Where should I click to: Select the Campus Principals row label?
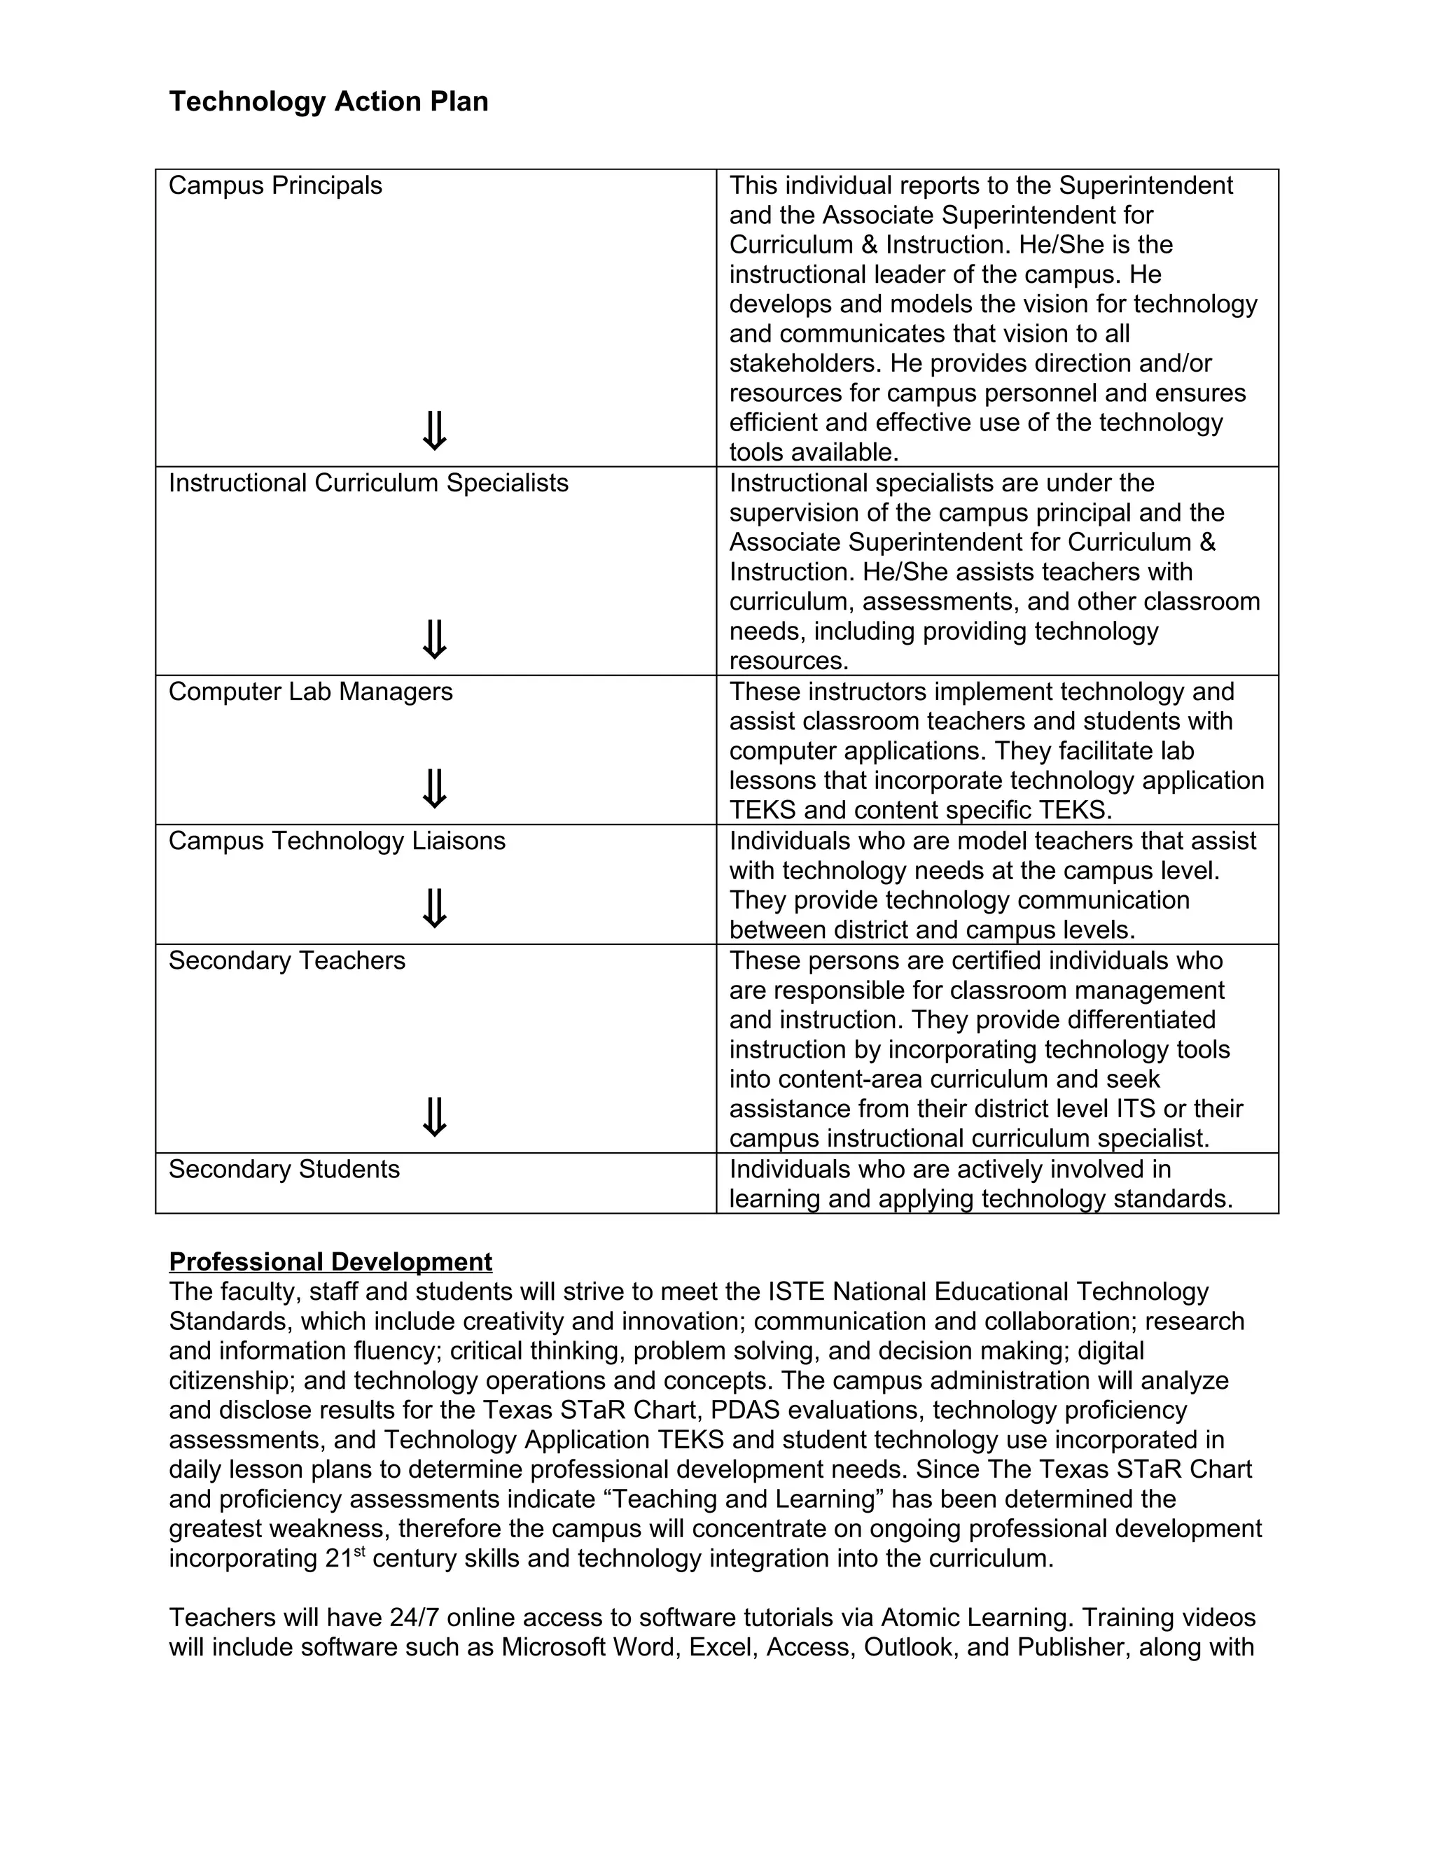(275, 185)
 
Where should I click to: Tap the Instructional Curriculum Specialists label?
(368, 482)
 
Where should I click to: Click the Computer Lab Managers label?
(310, 692)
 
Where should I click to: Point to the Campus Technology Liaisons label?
(336, 841)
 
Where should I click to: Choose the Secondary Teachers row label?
(286, 960)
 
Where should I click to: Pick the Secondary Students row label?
(284, 1170)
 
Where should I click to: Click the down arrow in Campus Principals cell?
(434, 431)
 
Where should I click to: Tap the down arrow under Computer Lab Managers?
(434, 789)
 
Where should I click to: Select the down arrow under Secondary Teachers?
(434, 1118)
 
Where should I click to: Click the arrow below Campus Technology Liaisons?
(434, 909)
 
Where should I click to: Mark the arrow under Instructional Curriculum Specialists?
(434, 640)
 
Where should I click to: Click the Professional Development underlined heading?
(330, 1261)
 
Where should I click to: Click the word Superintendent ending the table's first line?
(1146, 185)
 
